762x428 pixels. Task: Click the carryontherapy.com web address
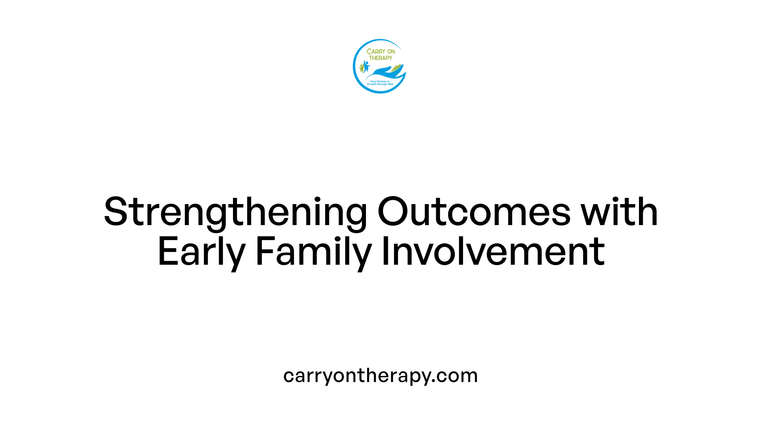(x=380, y=376)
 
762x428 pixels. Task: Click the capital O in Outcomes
(x=393, y=212)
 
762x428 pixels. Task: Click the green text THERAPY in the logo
(x=381, y=58)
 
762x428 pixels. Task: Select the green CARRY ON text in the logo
(x=381, y=52)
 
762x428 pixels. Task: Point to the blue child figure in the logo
(x=366, y=66)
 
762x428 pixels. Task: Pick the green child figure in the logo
(x=361, y=68)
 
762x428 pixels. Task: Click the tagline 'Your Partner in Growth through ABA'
(x=380, y=83)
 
